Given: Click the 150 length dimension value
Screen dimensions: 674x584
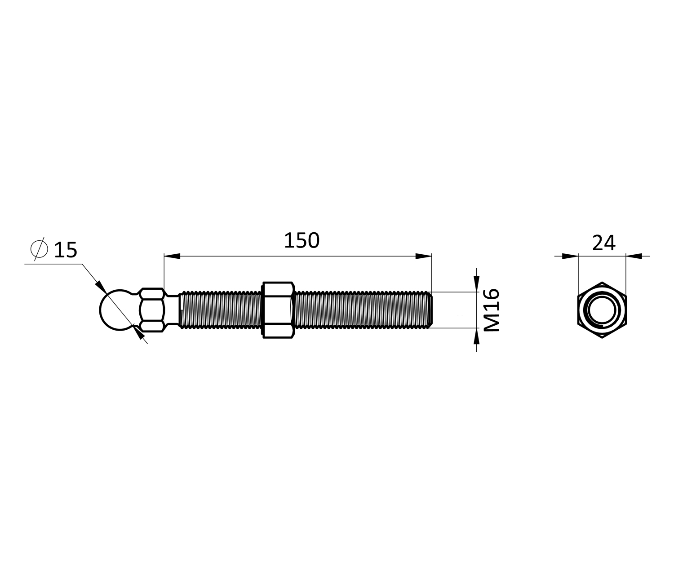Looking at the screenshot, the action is tap(302, 241).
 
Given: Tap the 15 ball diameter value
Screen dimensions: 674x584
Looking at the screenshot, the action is tap(66, 250).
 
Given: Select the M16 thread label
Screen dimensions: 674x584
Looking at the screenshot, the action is tap(492, 310).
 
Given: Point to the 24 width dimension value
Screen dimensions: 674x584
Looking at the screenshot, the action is tap(604, 243).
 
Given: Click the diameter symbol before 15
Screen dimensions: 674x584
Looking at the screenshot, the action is tap(39, 249).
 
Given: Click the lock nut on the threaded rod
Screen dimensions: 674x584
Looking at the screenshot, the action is tap(278, 310).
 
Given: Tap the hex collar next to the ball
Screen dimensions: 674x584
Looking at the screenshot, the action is tap(152, 310).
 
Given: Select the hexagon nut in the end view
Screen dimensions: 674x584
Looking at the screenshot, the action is tap(602, 310).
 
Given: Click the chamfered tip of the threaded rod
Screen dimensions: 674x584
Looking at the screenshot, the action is tap(430, 310).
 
